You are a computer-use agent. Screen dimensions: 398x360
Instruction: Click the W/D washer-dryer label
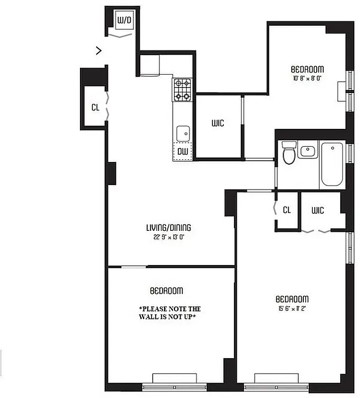coord(124,21)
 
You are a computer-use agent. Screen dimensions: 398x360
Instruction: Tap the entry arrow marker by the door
coord(99,50)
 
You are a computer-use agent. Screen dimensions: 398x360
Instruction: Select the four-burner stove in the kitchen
coord(182,90)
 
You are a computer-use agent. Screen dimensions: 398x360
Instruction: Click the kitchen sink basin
coord(183,133)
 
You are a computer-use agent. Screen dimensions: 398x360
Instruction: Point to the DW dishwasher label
coord(182,151)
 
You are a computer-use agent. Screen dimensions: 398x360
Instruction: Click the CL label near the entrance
coord(95,107)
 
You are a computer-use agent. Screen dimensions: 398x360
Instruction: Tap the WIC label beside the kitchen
coord(217,123)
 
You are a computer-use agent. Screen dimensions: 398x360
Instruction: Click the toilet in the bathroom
coord(288,154)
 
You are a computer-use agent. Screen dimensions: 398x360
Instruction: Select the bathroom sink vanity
coord(308,150)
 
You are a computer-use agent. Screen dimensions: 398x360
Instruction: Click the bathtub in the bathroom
coord(332,164)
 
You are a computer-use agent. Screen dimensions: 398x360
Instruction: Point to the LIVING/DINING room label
coord(168,228)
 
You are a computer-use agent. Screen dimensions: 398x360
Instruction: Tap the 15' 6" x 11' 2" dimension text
coord(292,308)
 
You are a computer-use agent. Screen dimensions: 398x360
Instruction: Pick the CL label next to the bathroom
coord(286,210)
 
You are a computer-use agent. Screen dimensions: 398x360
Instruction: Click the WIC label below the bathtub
coord(318,210)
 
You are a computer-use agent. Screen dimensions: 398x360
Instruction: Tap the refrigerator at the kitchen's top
coord(149,65)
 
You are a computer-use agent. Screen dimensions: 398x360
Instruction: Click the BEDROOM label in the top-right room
coord(308,69)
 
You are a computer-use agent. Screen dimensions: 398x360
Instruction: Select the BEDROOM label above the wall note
coord(166,290)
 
